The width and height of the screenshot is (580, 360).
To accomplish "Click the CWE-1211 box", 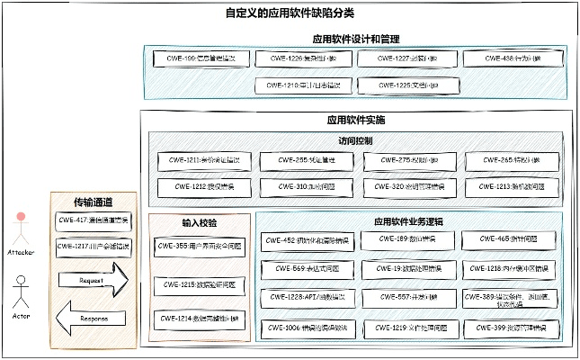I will (x=202, y=161).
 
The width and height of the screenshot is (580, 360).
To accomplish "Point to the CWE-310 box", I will (x=301, y=187).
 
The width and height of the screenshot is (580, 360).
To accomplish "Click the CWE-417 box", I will (x=93, y=220).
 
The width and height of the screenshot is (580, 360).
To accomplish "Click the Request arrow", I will (x=92, y=281).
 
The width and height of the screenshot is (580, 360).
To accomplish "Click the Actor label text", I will (x=22, y=318).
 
